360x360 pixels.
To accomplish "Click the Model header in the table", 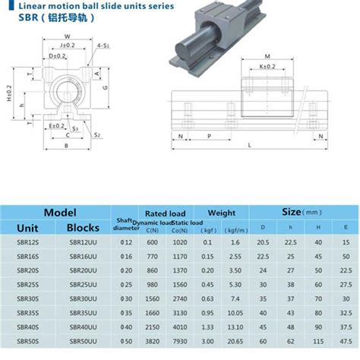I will pos(56,213).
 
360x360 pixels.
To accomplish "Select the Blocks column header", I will pos(84,227).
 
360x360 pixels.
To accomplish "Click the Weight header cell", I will pos(221,213).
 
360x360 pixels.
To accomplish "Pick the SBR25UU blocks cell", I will pos(83,284).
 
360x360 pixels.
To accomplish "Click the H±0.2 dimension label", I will pos(8,94).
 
